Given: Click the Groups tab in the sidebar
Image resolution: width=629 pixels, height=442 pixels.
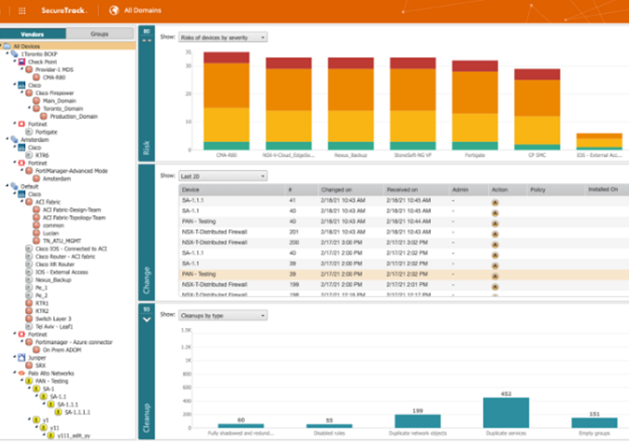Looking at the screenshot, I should point(99,34).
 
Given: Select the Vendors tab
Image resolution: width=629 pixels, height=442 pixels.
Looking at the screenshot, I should point(33,34).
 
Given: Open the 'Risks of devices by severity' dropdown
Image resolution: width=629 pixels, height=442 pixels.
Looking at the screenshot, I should point(222,38).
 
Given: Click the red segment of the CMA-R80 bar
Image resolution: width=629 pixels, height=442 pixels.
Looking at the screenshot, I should point(226,57).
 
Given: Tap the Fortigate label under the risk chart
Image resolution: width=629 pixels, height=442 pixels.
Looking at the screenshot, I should point(475,155).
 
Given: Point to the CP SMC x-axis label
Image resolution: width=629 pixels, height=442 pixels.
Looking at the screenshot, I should point(537,155).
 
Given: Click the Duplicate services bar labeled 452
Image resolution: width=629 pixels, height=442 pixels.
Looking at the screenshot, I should point(505,412).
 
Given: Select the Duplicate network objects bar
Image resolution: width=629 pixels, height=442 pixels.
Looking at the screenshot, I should point(417,420).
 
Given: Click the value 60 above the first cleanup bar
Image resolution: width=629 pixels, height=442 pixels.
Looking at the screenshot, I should point(241,420).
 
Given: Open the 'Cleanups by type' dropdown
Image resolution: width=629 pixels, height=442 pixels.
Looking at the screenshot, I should point(222,315).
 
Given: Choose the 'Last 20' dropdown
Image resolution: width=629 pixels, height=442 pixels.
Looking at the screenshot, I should point(222,176).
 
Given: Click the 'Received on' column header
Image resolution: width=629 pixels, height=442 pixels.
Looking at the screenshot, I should point(402,190).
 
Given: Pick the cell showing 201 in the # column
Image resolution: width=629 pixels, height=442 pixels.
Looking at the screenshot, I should point(294,231).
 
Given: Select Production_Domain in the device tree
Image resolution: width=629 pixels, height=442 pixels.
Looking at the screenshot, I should point(73,117).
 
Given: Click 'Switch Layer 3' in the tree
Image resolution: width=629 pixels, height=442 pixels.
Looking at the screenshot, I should point(54,319).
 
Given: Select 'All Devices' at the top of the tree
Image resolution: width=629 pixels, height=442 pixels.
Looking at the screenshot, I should point(26,46).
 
